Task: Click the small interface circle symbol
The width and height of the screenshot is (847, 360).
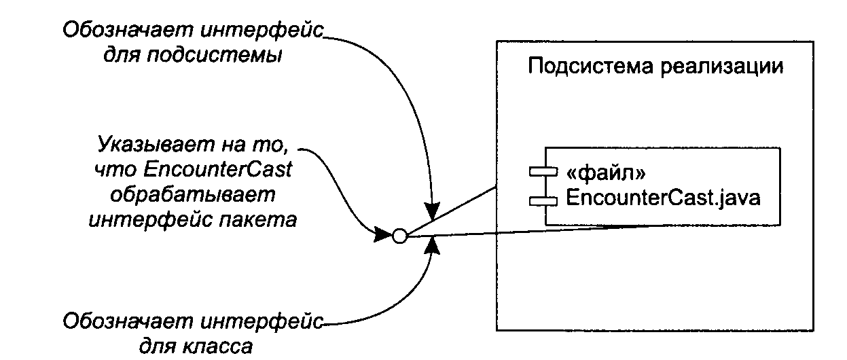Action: tap(399, 236)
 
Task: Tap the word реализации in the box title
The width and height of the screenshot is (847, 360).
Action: tap(722, 67)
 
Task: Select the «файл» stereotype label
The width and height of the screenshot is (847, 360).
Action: tap(606, 173)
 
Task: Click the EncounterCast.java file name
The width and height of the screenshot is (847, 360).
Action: tap(663, 198)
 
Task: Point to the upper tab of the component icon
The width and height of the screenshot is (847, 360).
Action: tap(543, 172)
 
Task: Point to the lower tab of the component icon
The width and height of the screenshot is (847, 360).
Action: tap(543, 201)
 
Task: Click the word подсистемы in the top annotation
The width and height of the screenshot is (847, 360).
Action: tap(214, 56)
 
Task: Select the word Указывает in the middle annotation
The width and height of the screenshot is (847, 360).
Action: tap(156, 145)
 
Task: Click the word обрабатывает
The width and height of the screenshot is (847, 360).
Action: tap(192, 196)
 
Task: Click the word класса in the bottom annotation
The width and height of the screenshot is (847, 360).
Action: tap(214, 346)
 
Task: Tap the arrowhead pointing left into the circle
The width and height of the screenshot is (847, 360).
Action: tap(382, 234)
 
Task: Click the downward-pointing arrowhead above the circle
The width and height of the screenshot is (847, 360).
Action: tap(432, 211)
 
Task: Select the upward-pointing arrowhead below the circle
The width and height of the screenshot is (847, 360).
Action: tap(432, 246)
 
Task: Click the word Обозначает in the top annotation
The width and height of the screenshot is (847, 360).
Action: tap(128, 30)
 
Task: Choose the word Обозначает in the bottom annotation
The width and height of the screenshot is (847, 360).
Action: tap(128, 321)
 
